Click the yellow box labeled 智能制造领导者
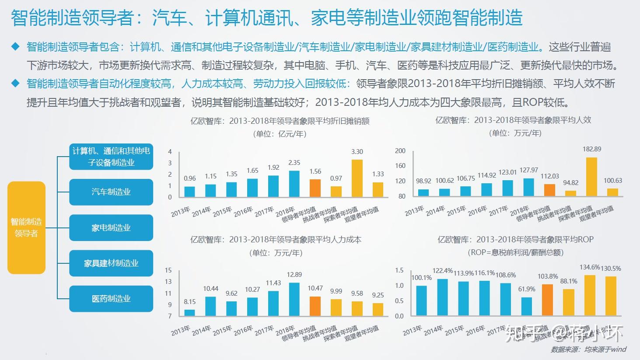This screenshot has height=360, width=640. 26,227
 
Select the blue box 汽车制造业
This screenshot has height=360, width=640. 111,192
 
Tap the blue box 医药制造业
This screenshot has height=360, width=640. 111,299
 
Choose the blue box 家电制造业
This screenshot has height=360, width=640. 111,228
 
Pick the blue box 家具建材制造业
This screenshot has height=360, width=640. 111,263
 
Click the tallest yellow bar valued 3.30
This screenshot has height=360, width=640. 357,178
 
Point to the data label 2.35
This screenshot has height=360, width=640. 294,163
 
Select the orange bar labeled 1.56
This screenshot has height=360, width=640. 315,188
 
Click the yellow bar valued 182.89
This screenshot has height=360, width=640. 591,177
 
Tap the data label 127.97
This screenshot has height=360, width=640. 529,170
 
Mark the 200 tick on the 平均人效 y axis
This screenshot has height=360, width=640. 400,151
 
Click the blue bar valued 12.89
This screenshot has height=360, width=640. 294,299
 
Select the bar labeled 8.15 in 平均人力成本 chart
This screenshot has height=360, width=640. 189,312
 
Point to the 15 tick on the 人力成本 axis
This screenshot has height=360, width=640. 168,270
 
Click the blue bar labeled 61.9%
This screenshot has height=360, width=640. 527,307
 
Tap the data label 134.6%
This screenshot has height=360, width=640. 589,267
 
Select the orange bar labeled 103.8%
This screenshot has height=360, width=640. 547,300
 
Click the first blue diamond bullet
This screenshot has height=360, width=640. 16,47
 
